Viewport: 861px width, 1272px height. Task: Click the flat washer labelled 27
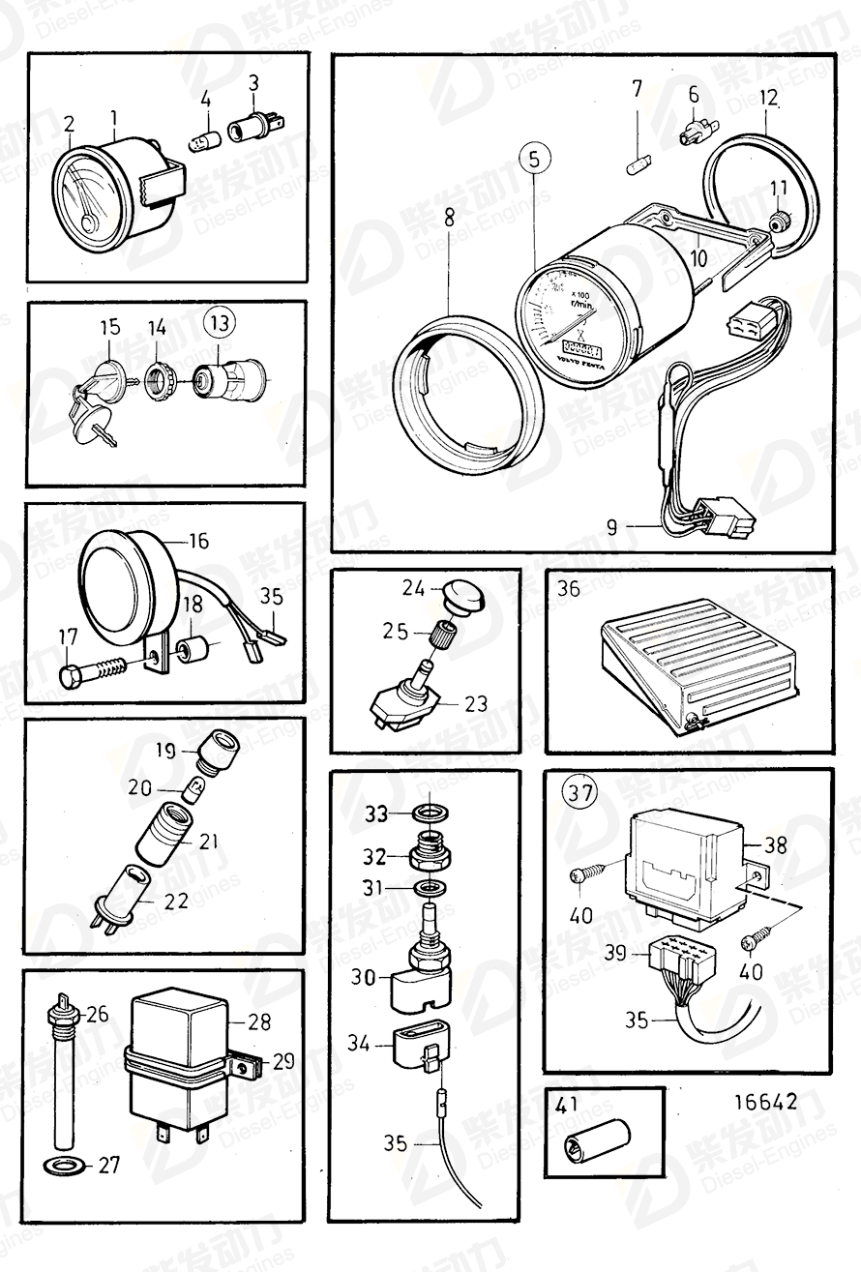(x=63, y=1164)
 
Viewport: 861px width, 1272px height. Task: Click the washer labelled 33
(x=427, y=812)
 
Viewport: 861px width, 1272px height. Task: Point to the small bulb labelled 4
(x=204, y=136)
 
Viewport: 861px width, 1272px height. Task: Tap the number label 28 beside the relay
(x=258, y=1022)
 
